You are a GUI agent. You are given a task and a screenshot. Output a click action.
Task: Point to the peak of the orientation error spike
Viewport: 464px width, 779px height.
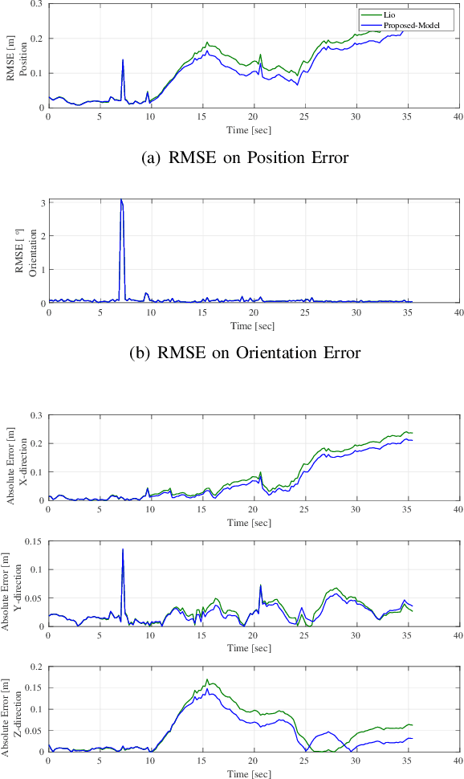point(121,200)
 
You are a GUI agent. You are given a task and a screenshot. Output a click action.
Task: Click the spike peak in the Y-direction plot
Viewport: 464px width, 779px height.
point(123,549)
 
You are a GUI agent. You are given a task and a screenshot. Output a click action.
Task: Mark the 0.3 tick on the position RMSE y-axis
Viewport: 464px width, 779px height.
point(38,4)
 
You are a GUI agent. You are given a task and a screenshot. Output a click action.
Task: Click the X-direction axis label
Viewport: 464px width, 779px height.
point(23,458)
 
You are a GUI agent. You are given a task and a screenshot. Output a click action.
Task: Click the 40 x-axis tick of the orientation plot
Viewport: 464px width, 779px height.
point(458,312)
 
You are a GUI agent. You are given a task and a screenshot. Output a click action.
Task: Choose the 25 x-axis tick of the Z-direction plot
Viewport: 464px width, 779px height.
point(304,761)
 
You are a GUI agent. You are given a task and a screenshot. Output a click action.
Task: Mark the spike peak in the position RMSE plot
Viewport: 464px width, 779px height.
point(123,59)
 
